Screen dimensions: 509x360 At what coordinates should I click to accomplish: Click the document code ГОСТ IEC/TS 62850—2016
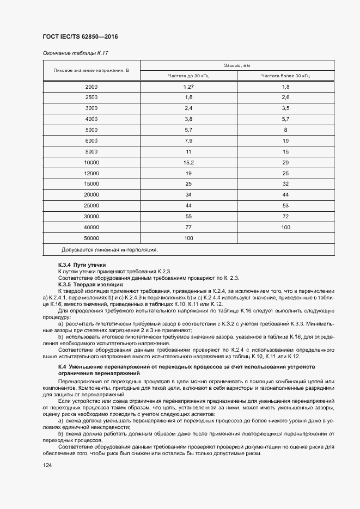(80, 36)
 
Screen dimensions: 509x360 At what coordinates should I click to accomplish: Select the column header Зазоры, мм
(237, 65)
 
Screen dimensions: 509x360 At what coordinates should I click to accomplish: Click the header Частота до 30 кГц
(188, 76)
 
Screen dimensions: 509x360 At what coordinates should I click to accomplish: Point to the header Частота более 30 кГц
(285, 76)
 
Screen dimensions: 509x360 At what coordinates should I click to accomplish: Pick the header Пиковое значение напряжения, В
(91, 70)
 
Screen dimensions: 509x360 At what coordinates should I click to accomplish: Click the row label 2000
(91, 87)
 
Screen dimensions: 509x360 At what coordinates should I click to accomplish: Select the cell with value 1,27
(188, 87)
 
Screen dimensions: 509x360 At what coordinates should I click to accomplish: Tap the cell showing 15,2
(188, 162)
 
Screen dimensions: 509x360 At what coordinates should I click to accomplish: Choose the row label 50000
(91, 238)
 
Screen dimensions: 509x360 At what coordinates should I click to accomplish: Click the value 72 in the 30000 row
(285, 216)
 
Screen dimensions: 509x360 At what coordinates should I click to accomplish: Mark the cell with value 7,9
(188, 141)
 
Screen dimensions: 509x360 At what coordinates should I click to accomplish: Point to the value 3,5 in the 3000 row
(285, 108)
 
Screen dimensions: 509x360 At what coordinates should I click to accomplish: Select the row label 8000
(91, 151)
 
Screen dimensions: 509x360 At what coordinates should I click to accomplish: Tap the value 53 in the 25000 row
(285, 205)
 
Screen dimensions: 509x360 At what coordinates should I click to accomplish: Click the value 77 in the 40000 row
(188, 227)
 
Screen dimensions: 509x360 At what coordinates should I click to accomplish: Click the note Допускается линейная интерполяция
(109, 249)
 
